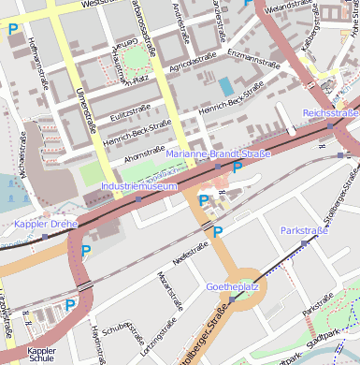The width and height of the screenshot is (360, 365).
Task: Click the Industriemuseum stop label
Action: [138, 186]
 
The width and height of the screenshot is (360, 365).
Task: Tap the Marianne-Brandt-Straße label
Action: [218, 153]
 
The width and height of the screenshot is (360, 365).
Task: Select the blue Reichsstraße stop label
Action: [330, 113]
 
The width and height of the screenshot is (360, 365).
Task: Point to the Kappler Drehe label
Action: [46, 225]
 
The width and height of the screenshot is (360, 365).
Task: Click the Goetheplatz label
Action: [232, 286]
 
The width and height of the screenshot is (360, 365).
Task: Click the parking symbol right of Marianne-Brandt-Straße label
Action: [238, 168]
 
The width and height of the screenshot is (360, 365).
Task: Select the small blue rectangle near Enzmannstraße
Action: [226, 86]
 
